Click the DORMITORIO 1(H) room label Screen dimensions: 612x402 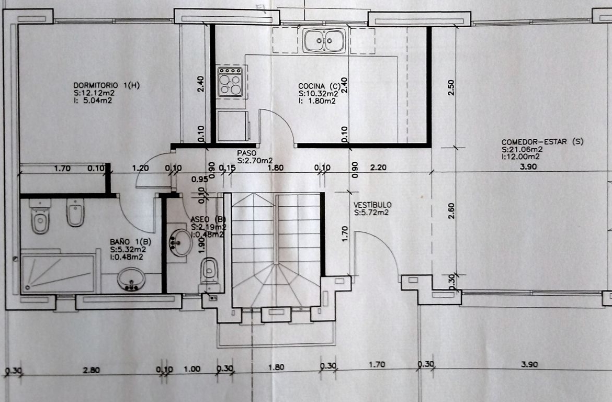106,85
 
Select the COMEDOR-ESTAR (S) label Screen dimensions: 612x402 542,142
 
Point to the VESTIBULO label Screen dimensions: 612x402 372,205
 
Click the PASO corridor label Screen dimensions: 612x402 247,153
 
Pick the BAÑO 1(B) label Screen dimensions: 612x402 130,242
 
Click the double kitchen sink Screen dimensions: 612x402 324,40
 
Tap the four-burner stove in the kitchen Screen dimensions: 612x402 230,82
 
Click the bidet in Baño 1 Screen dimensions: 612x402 75,213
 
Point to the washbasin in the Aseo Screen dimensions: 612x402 180,242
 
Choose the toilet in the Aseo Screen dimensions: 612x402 209,270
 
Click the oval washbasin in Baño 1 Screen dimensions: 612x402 131,280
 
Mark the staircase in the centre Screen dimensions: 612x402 276,250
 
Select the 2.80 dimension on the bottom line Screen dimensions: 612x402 91,370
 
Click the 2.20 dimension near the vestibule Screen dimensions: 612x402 378,167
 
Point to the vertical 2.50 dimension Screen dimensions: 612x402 451,87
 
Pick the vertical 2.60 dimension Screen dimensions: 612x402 451,211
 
